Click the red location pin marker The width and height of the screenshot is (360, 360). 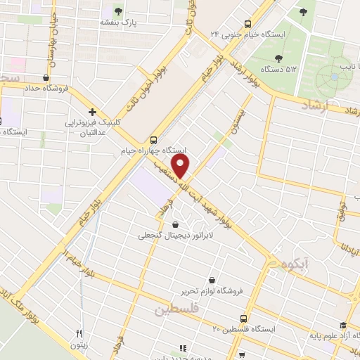click(x=181, y=166)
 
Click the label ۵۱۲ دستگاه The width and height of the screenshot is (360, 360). click(x=278, y=69)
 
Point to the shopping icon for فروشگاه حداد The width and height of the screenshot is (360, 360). click(x=46, y=77)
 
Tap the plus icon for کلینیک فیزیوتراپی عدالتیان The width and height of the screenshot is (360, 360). click(x=91, y=111)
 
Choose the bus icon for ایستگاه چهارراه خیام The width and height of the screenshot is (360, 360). click(x=154, y=139)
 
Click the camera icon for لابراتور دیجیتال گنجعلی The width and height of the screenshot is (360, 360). click(x=184, y=225)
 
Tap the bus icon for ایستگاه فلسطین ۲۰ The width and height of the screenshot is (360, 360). click(x=244, y=318)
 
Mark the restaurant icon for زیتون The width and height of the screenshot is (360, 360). click(x=79, y=333)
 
